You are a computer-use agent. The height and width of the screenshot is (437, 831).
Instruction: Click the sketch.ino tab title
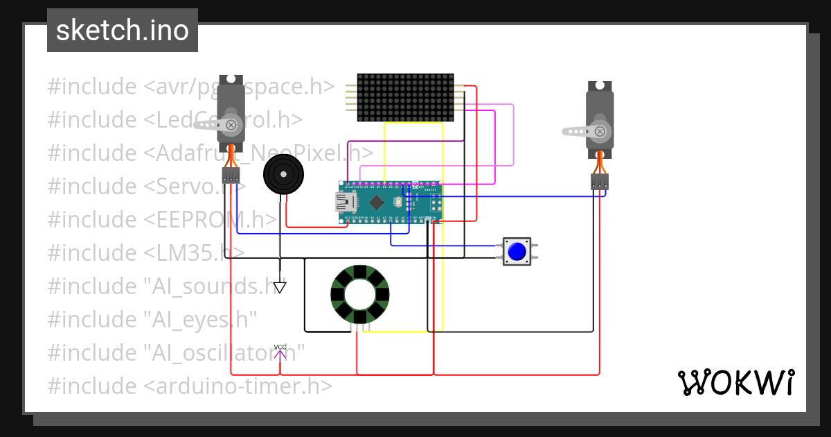123,31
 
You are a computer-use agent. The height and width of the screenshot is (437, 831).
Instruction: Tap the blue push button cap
516,251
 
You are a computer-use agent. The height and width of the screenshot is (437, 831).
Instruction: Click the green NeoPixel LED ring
360,295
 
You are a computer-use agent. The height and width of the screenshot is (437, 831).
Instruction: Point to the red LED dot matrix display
406,97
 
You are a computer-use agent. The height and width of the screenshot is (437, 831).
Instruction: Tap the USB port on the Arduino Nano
344,202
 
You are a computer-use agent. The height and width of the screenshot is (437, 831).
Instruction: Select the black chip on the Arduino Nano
376,202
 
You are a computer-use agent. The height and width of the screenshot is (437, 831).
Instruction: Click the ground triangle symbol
280,286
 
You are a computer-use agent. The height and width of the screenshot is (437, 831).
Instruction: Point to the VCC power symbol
280,352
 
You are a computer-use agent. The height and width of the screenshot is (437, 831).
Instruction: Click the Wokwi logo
735,383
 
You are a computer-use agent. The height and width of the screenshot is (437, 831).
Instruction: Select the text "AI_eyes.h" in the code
201,320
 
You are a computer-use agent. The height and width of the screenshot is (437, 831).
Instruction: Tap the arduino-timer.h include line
190,386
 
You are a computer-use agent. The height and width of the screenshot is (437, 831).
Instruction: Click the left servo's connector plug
230,174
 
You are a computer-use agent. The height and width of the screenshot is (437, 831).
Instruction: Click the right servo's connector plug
599,182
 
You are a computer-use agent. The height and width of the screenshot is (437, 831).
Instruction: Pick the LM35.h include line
145,253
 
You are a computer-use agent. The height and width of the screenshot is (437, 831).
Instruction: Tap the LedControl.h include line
175,120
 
